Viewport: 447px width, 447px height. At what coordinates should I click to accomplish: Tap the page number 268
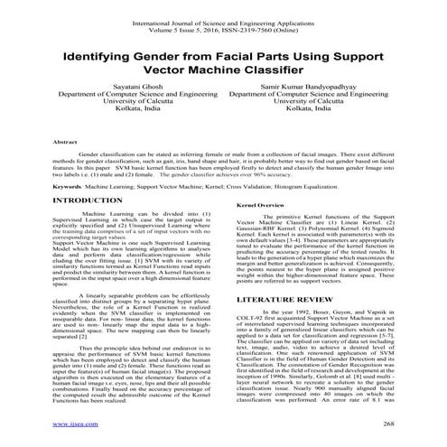pyautogui.click(x=389, y=422)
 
